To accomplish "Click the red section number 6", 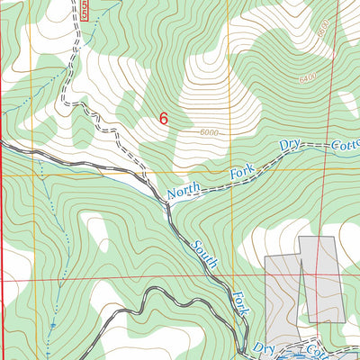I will coord(163,118).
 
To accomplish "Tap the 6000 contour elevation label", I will coord(211,133).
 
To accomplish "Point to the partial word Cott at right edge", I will coord(344,143).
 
